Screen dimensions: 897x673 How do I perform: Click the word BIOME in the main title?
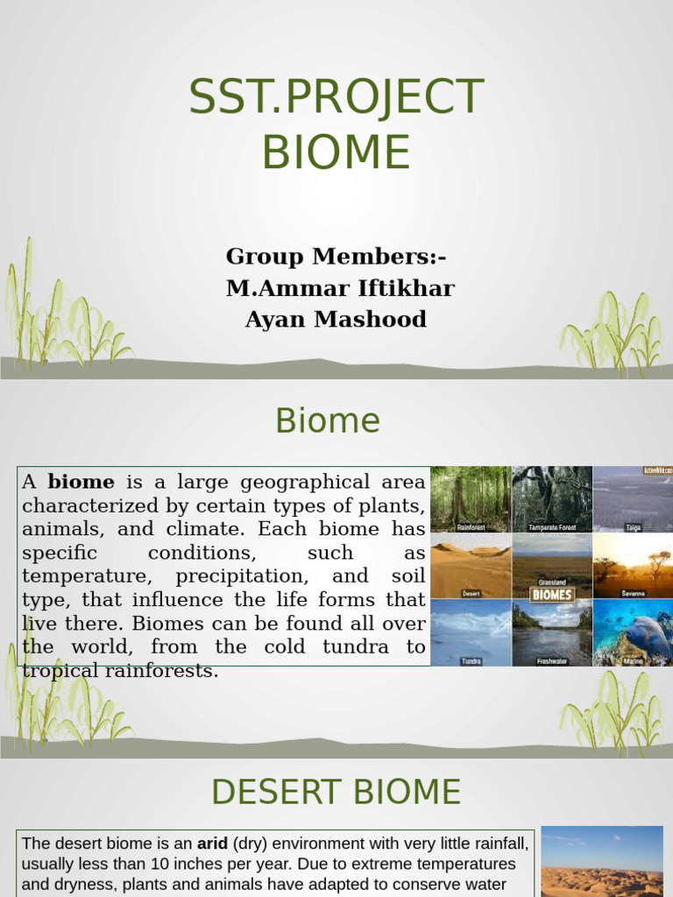(x=336, y=151)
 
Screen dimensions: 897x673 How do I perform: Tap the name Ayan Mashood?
(x=336, y=320)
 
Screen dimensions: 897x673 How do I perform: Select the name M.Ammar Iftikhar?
(x=340, y=288)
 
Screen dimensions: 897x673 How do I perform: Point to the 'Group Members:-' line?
(x=336, y=257)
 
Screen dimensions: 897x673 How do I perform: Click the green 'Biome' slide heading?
(x=327, y=421)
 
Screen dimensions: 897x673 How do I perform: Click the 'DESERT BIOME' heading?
(x=336, y=792)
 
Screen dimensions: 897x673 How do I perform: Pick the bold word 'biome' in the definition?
(x=81, y=482)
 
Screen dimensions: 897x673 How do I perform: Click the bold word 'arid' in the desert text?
(x=212, y=844)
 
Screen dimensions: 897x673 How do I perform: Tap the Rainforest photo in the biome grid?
(x=471, y=498)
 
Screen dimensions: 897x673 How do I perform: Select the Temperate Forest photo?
(x=552, y=498)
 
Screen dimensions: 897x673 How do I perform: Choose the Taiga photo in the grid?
(x=633, y=498)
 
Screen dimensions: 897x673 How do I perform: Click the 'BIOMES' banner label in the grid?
(x=552, y=595)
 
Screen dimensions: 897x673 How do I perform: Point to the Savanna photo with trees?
(x=633, y=565)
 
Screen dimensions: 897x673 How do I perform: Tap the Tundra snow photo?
(x=471, y=632)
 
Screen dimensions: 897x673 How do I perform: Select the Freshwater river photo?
(x=552, y=632)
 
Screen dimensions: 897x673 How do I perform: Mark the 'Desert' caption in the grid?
(x=471, y=593)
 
